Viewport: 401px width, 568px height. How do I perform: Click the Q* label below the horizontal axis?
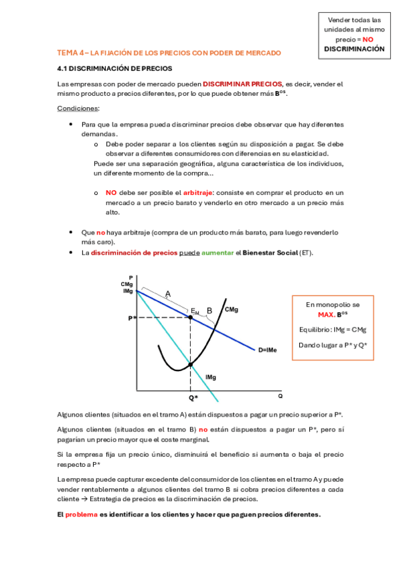click(x=193, y=397)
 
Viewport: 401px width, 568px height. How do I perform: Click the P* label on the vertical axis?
click(x=132, y=317)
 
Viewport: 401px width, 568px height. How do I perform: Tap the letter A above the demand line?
click(x=167, y=293)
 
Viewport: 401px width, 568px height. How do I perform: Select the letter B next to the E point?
click(x=209, y=310)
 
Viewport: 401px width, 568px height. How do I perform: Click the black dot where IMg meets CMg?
click(x=191, y=364)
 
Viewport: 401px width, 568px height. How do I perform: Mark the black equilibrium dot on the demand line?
click(x=191, y=317)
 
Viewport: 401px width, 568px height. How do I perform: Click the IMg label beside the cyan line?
click(x=211, y=378)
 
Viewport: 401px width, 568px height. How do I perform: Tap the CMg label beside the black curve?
click(x=232, y=309)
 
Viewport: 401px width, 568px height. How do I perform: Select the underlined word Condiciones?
click(x=78, y=108)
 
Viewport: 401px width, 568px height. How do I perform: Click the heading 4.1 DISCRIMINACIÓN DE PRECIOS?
click(x=114, y=68)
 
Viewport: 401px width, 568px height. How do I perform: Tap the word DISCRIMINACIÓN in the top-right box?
click(x=354, y=49)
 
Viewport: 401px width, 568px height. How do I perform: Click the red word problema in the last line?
click(x=81, y=514)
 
